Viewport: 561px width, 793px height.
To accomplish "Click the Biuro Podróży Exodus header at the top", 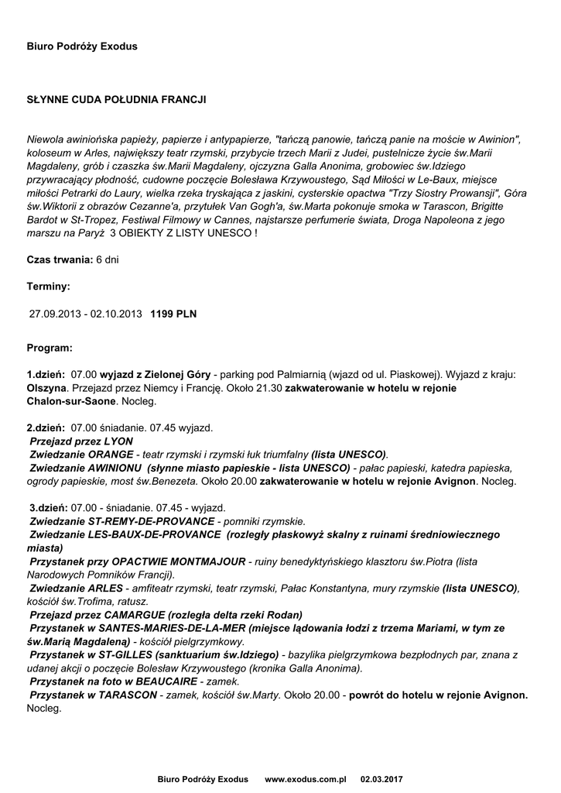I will pos(82,46).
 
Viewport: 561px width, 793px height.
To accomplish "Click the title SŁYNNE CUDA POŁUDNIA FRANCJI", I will pos(116,100).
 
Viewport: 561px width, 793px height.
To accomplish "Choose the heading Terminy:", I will pos(48,287).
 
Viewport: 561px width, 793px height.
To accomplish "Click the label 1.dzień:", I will pos(46,374).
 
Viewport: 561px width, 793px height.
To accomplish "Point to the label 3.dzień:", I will pos(48,507).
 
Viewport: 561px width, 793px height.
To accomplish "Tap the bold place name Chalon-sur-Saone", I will pos(70,402).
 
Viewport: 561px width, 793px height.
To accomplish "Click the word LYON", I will pos(118,441).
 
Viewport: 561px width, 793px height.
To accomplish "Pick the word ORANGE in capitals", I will pos(111,454).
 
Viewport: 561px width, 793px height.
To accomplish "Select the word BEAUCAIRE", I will pos(166,681).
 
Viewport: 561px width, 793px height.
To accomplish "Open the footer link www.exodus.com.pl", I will pos(306,778).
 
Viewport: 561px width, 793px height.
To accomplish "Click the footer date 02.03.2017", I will pos(382,778).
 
